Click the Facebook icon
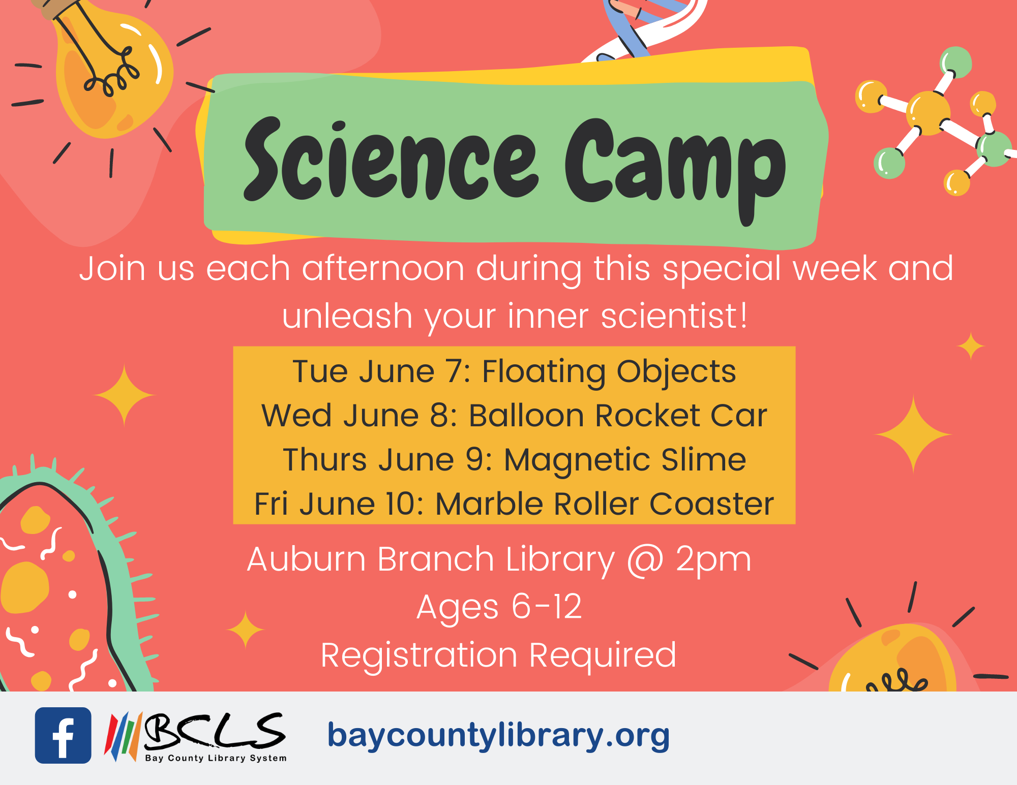click(x=63, y=735)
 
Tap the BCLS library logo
click(x=195, y=737)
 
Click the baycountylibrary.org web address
click(x=498, y=736)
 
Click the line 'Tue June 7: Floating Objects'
click(x=514, y=371)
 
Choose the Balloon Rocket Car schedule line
click(x=514, y=416)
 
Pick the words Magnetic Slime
click(x=625, y=460)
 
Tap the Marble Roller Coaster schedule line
click(x=514, y=504)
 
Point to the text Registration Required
click(x=498, y=655)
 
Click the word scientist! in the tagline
click(x=674, y=316)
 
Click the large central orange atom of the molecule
click(x=929, y=113)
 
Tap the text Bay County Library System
click(x=216, y=758)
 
